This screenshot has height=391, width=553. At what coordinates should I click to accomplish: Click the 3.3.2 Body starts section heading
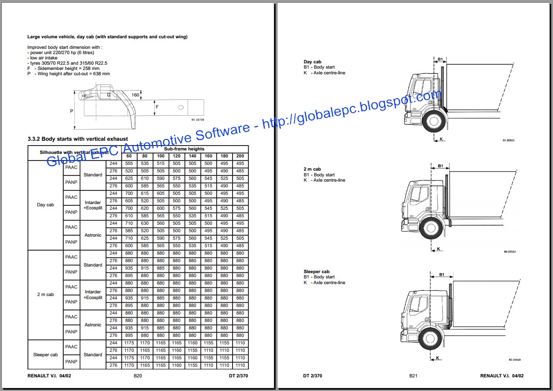(78, 139)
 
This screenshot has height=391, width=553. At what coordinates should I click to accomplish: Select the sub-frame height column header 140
(193, 156)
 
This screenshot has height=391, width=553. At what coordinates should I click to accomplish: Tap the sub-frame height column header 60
(129, 156)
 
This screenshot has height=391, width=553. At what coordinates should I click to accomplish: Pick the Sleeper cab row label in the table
(45, 354)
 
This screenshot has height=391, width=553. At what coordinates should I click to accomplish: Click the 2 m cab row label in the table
(45, 295)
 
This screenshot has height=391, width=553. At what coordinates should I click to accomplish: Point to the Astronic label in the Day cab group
(93, 235)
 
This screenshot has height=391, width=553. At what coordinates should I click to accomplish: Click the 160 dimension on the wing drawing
(135, 95)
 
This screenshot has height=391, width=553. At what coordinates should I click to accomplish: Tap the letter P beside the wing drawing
(72, 111)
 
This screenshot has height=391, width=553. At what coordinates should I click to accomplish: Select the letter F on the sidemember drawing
(157, 106)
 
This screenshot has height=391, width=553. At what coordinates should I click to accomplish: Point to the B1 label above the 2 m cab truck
(440, 166)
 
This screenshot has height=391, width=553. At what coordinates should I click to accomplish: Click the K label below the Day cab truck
(441, 139)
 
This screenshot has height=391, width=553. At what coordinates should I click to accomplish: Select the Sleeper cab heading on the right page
(316, 272)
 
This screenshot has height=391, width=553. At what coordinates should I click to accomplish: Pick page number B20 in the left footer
(138, 376)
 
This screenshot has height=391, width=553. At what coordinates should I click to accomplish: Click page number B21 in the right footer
(413, 376)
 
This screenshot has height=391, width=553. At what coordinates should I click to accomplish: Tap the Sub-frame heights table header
(184, 149)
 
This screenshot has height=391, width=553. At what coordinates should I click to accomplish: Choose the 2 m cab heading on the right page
(312, 169)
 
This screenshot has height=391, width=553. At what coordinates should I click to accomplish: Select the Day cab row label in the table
(45, 205)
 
